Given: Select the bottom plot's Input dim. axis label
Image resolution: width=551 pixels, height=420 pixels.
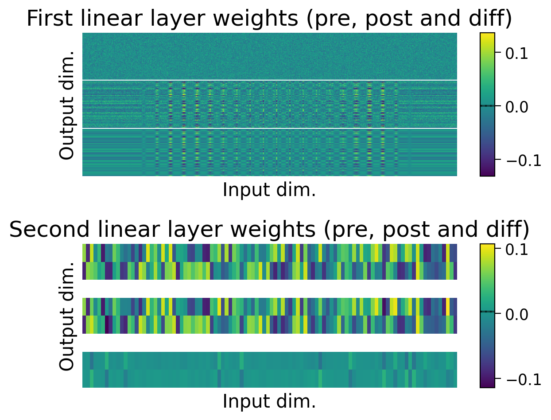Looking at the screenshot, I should [x=269, y=401].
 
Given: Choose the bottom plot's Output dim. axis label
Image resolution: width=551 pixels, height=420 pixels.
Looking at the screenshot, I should [x=67, y=316].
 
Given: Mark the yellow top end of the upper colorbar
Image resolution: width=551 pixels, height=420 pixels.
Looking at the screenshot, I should [x=487, y=35].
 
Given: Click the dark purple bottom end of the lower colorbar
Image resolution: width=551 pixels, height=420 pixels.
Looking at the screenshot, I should [x=487, y=385].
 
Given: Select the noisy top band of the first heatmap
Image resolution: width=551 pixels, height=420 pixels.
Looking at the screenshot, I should [x=269, y=56].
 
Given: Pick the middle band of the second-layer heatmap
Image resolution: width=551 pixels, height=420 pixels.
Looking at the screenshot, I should [x=269, y=316].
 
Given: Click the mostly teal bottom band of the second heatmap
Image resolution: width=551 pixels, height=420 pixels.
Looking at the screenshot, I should [x=269, y=370].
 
